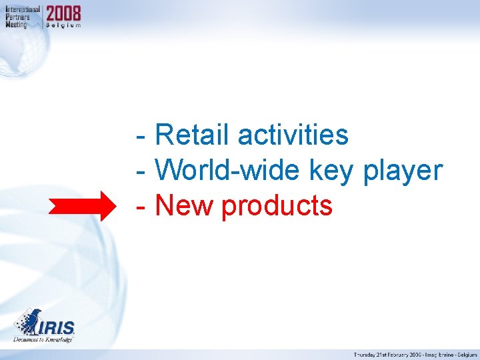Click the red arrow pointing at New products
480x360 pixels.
coord(83,205)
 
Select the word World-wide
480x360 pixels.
coord(229,171)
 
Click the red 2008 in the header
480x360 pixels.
coord(63,13)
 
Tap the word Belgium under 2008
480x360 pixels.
coord(63,25)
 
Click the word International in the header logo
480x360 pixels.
coord(22,10)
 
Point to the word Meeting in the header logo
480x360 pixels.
coord(17,24)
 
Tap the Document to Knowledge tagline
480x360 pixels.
coord(43,339)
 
